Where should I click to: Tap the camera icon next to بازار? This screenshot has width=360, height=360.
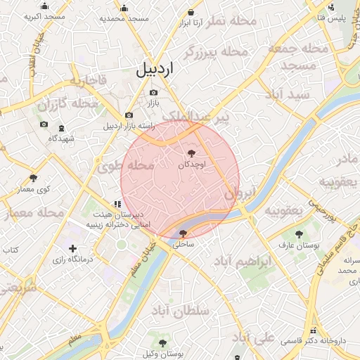point(153,92)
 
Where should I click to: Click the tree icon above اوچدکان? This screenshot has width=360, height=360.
point(191,153)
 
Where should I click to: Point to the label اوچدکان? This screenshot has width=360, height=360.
point(191,164)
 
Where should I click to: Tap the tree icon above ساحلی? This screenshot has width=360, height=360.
point(184,233)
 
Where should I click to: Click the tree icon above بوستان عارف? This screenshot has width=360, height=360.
point(300,233)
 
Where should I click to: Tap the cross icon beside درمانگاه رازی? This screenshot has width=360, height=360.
point(74,248)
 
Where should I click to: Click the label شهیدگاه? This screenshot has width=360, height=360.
point(62,139)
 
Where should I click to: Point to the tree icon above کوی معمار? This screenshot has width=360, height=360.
point(33,177)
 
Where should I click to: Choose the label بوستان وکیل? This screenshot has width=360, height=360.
point(163,354)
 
